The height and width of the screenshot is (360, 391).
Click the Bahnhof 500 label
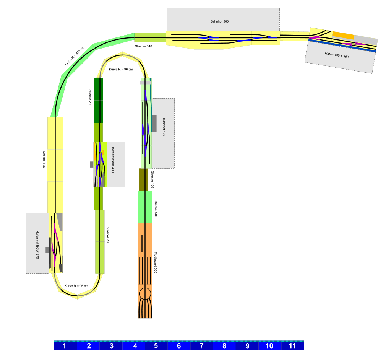(219, 21)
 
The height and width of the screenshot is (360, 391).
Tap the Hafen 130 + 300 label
(337, 55)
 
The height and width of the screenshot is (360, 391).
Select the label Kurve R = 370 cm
(74, 56)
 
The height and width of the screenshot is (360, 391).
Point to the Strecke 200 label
(90, 98)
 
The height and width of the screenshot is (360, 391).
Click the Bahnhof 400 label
(164, 127)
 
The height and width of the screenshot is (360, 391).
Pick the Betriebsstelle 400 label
(113, 160)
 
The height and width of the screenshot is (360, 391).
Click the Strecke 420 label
(44, 159)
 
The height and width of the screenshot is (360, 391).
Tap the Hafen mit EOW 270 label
(37, 245)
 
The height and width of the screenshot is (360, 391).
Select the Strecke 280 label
(108, 236)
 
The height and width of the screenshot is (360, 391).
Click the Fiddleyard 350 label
(156, 262)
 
